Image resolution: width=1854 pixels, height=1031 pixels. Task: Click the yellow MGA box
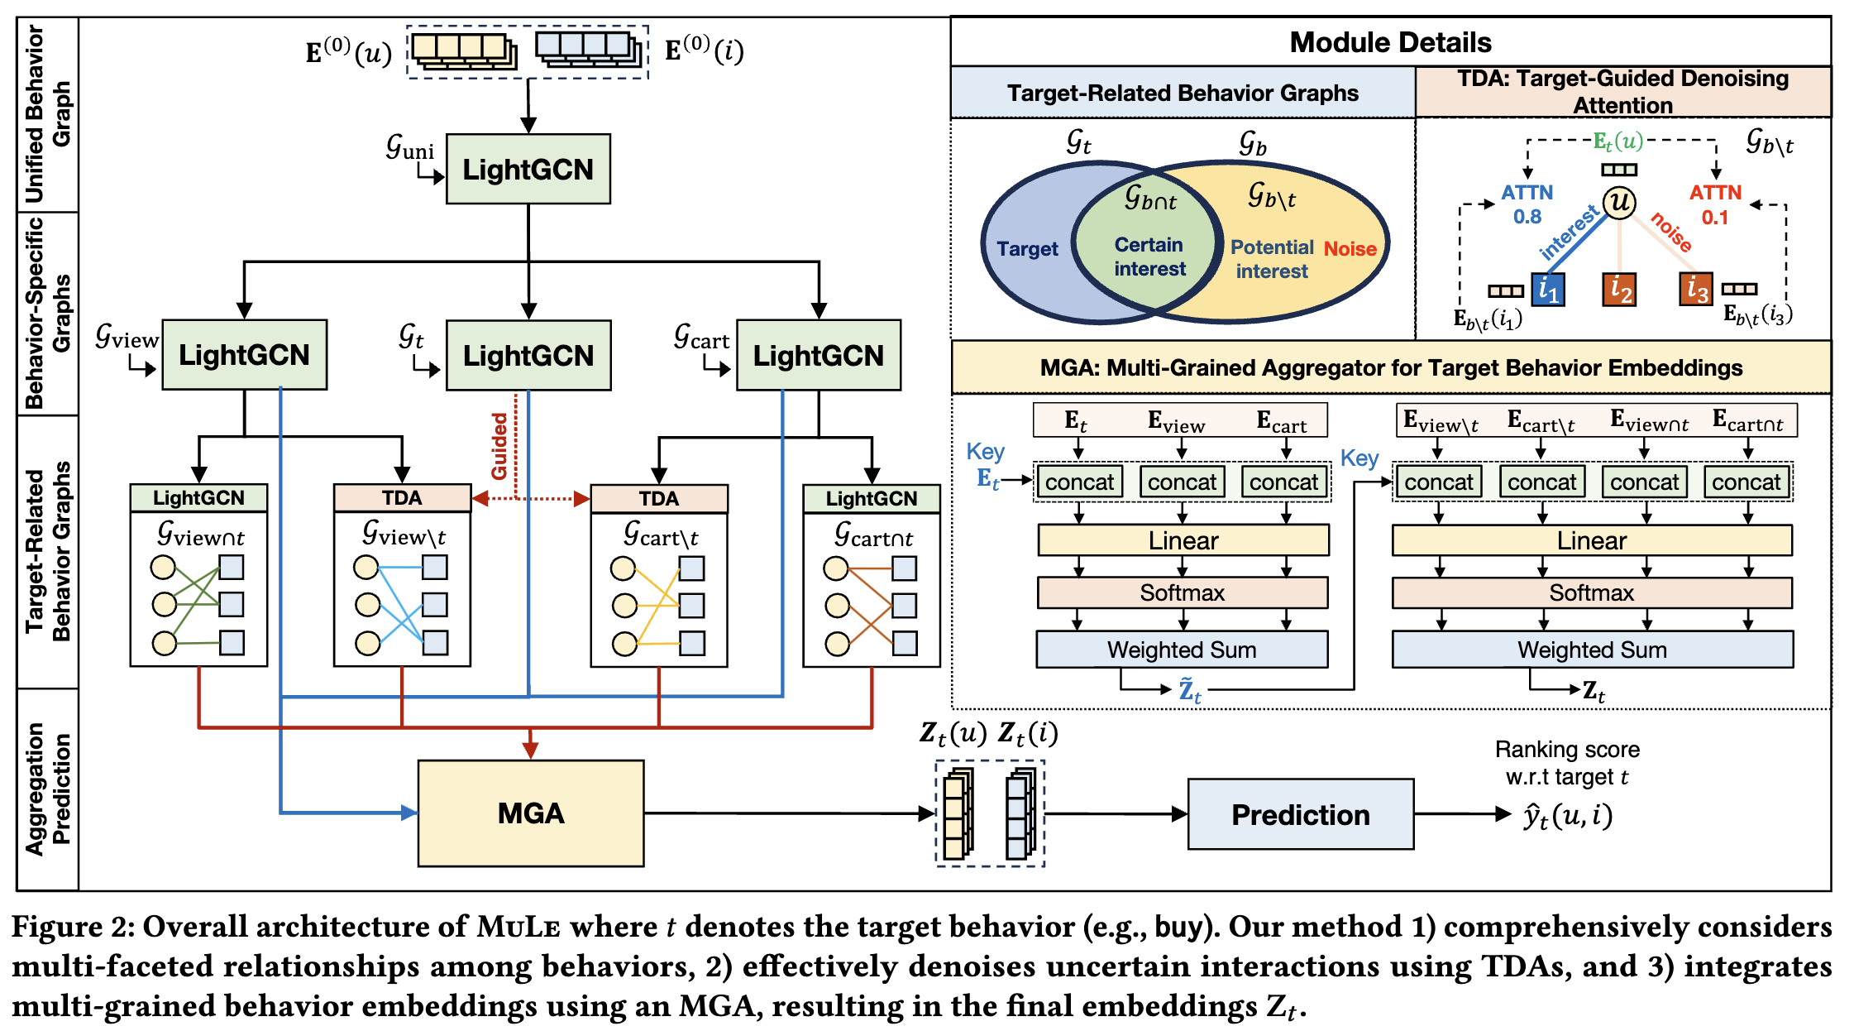coord(530,813)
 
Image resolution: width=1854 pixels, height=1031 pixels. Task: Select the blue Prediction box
coord(1300,815)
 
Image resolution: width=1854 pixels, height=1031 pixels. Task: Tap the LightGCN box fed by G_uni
coord(528,170)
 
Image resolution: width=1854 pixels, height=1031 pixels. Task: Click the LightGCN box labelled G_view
coord(244,355)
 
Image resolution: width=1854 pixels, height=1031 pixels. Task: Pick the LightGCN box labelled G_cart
coord(818,355)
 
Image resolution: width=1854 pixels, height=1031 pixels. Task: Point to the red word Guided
coord(499,447)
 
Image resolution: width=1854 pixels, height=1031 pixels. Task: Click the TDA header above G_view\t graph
coord(402,498)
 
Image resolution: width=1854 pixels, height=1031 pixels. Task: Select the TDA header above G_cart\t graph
coord(658,498)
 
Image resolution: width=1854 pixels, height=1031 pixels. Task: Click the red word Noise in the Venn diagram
coord(1350,248)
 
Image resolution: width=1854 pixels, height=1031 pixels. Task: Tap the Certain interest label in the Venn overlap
coord(1149,257)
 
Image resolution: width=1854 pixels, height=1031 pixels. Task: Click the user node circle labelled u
coord(1618,202)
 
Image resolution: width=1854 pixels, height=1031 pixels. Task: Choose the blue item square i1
coord(1547,290)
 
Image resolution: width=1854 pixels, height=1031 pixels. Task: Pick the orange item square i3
coord(1695,289)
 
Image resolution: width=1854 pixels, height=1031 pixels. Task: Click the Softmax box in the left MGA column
coord(1182,592)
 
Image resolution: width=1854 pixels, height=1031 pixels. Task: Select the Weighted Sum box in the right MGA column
coord(1592,650)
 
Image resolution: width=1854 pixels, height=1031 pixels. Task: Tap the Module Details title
coord(1390,42)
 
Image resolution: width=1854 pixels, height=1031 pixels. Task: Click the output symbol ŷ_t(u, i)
coord(1567,816)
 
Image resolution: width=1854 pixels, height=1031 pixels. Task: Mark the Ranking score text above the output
coord(1566,750)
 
